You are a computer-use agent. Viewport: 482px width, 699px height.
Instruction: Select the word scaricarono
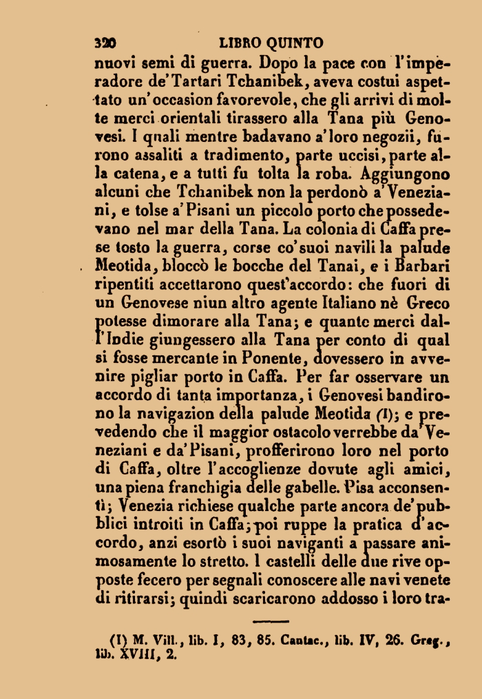tap(276, 598)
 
